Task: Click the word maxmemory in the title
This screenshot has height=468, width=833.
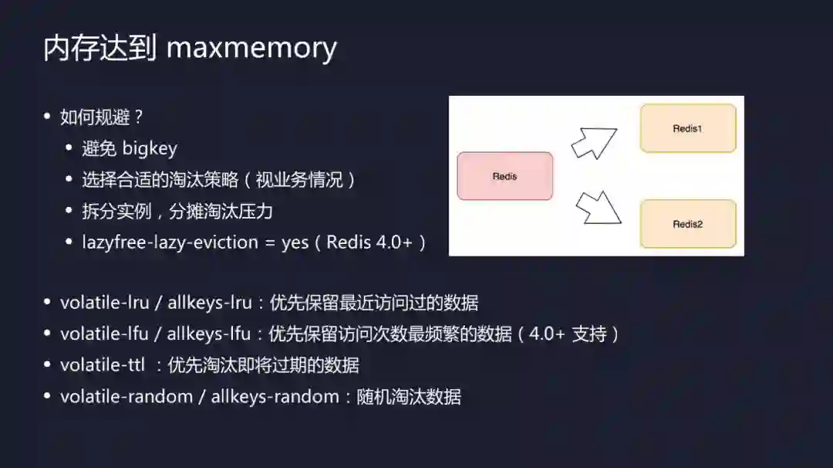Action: click(x=251, y=48)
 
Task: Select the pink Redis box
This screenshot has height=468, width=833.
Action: click(x=504, y=176)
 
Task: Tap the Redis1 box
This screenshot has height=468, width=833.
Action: click(x=687, y=129)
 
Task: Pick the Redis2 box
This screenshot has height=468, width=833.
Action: click(x=687, y=224)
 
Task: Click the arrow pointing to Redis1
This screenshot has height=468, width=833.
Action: click(x=594, y=142)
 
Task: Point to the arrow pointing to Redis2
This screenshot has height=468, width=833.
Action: click(x=599, y=207)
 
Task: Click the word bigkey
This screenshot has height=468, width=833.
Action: click(x=150, y=149)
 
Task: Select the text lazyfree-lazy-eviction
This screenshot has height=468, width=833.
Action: click(x=170, y=242)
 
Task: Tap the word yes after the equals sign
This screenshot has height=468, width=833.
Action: click(x=295, y=242)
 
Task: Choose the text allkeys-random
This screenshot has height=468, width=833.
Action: click(x=275, y=397)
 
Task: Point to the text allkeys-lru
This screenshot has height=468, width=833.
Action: click(x=209, y=303)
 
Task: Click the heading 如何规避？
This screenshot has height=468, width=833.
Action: click(x=103, y=117)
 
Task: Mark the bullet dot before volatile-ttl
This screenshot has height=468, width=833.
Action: click(x=48, y=365)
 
